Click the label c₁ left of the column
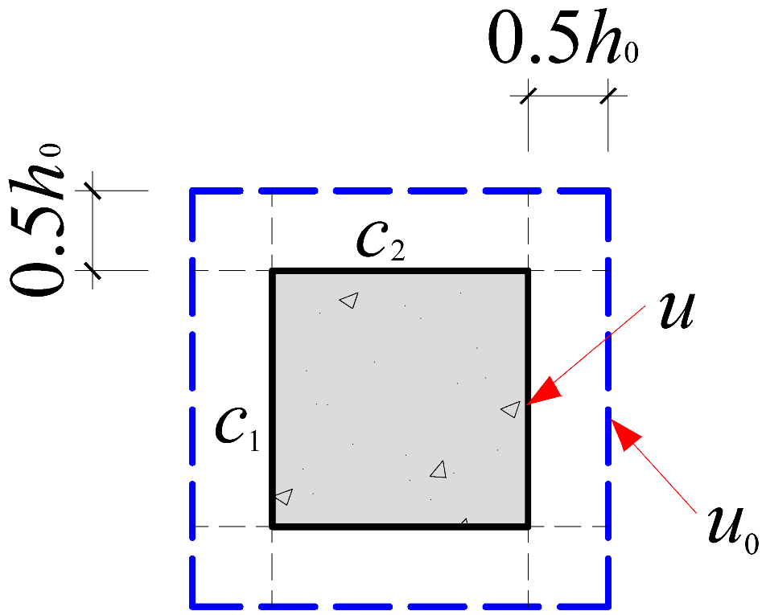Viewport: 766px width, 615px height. [x=237, y=431]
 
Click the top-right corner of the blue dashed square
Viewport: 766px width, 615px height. [x=607, y=191]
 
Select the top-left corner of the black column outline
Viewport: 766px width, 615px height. [x=273, y=272]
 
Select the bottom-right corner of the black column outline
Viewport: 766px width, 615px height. [x=528, y=527]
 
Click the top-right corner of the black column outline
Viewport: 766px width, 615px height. [x=528, y=272]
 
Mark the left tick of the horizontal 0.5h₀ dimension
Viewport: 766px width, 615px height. [x=528, y=96]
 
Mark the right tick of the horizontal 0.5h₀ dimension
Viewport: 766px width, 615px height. [x=607, y=96]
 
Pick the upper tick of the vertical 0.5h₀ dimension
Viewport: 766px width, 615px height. [x=93, y=191]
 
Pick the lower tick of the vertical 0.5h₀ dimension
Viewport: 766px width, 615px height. [x=93, y=271]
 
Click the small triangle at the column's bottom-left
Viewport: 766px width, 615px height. [x=283, y=496]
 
